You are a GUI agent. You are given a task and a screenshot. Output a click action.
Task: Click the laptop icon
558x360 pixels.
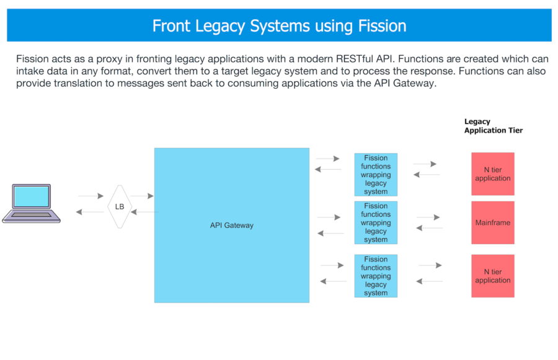(32, 203)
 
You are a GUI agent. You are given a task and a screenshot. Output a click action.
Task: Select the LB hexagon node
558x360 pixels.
(120, 207)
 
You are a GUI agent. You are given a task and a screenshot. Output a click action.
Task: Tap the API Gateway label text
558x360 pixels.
(232, 225)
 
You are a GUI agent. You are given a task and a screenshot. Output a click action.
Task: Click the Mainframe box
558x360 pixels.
(493, 222)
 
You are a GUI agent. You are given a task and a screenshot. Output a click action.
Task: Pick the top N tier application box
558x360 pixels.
(493, 174)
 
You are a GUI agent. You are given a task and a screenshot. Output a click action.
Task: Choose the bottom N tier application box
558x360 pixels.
(493, 276)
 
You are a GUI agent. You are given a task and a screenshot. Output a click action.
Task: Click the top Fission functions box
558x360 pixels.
(376, 175)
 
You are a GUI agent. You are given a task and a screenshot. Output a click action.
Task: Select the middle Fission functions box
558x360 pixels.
(376, 222)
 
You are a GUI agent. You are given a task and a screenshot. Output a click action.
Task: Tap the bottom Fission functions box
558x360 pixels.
(376, 276)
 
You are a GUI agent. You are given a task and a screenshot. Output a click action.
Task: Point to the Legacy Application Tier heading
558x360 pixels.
(494, 126)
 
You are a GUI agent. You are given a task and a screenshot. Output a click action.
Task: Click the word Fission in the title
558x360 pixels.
(382, 26)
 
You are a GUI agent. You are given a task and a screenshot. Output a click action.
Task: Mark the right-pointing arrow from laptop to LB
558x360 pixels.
(91, 196)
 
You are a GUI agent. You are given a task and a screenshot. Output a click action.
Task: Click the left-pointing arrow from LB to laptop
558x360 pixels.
(90, 212)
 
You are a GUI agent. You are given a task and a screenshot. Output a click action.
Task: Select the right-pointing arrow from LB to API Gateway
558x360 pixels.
(142, 196)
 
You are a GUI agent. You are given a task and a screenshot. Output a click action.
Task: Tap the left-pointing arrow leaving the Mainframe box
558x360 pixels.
(430, 227)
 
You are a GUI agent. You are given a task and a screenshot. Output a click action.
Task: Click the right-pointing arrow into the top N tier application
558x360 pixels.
(425, 164)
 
